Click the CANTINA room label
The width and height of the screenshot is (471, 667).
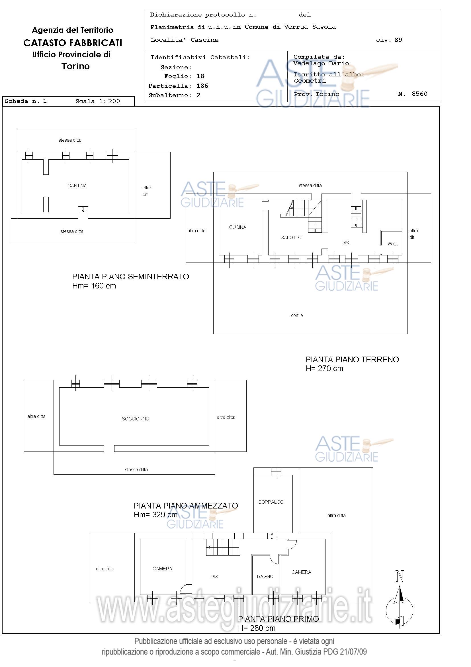click(x=77, y=186)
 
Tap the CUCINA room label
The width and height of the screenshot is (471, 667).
click(x=237, y=227)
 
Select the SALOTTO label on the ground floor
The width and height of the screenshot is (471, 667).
click(x=291, y=237)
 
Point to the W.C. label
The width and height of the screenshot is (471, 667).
click(x=392, y=244)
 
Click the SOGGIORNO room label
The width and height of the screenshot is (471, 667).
click(x=135, y=419)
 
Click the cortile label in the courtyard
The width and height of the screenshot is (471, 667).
click(x=297, y=315)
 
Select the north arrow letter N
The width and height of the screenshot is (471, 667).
click(x=400, y=576)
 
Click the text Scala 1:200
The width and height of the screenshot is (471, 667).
click(x=97, y=101)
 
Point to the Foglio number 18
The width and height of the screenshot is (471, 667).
click(x=200, y=76)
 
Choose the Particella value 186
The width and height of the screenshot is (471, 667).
click(x=202, y=86)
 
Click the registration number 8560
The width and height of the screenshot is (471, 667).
click(x=419, y=93)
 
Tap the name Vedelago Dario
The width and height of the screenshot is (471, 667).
click(x=321, y=63)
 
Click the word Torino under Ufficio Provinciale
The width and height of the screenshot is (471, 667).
click(x=75, y=66)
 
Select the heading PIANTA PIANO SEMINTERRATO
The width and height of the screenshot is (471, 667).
click(x=131, y=276)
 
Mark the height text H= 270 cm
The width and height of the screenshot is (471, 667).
click(x=324, y=368)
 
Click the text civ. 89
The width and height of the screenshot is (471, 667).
click(x=389, y=40)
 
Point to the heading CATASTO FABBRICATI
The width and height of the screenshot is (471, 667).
click(x=73, y=43)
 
